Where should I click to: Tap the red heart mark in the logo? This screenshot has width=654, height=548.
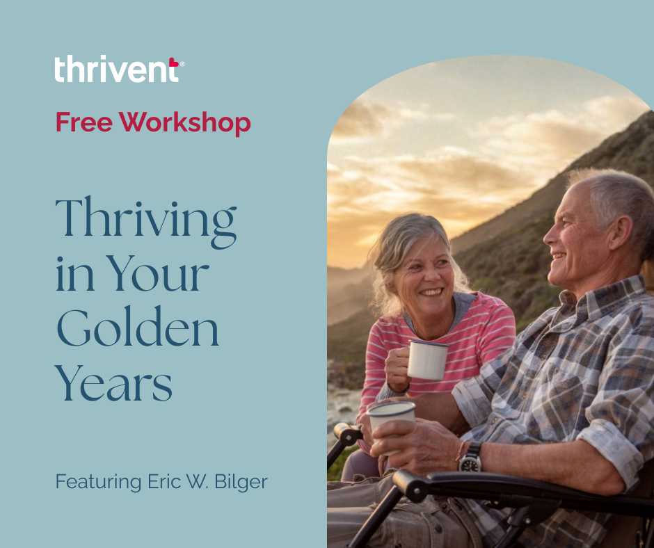[173, 63]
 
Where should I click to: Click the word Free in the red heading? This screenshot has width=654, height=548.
[84, 123]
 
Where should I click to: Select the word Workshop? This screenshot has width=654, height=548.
[184, 124]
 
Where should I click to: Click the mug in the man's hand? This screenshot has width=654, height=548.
[392, 419]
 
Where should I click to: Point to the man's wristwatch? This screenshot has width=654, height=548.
[470, 457]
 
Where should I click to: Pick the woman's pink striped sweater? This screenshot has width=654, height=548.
[480, 334]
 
